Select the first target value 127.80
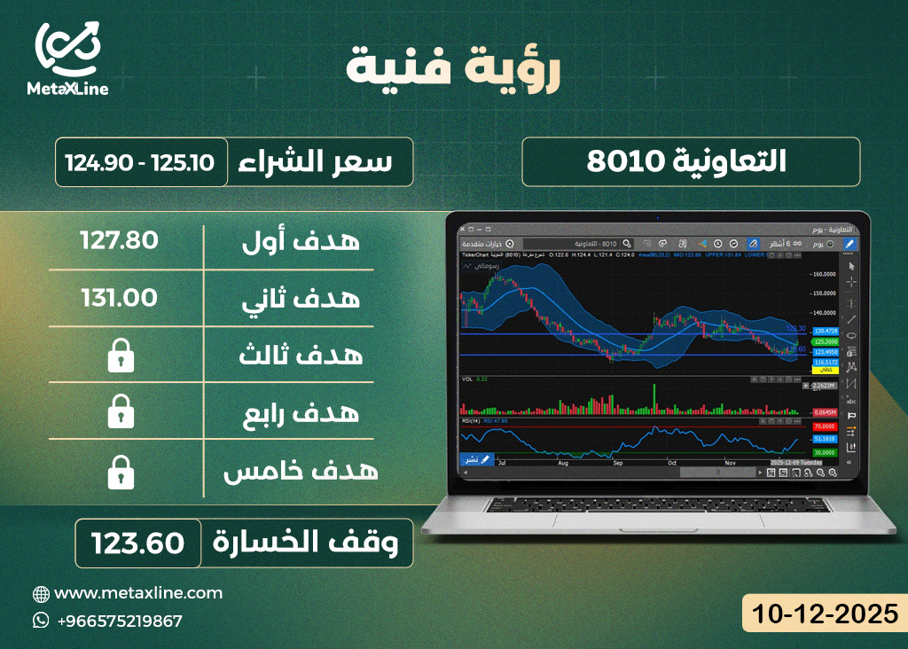click(119, 240)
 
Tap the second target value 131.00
click(119, 297)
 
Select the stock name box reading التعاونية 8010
click(690, 162)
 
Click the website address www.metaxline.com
click(138, 593)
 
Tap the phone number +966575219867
click(119, 621)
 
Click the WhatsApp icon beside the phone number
click(41, 621)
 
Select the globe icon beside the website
click(41, 593)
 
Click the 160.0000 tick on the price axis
click(826, 274)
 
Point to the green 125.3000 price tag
click(825, 340)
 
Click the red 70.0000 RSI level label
click(825, 426)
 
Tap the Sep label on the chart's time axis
click(617, 463)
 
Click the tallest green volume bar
click(654, 399)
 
